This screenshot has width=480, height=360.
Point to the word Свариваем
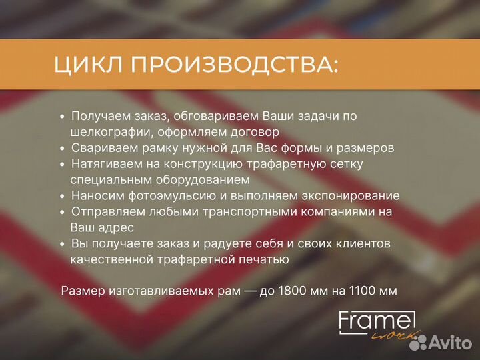click(102, 148)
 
